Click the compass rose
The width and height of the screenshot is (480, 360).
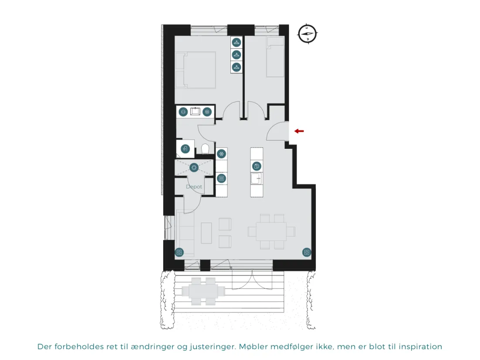coord(307,34)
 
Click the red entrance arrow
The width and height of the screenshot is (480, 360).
coord(299,131)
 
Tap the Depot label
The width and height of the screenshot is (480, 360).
coord(194,186)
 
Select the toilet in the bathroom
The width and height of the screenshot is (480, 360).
coord(205,149)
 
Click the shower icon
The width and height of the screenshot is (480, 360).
coord(185,149)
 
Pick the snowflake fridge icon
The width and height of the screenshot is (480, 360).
coord(221,154)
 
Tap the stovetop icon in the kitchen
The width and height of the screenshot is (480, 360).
coord(221,178)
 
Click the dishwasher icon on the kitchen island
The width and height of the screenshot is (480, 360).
coord(257,166)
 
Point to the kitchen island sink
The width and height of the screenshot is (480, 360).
coord(257,178)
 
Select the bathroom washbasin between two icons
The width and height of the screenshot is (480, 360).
coord(195,111)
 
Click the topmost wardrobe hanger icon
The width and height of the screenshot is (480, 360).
coord(237,42)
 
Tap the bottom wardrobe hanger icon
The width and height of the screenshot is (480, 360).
coord(237,67)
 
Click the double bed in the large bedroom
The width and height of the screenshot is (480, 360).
coord(195,70)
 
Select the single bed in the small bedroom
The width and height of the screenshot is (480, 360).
coord(275,57)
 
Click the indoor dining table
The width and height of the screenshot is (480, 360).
coord(271,231)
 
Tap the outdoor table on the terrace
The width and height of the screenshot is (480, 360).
coord(203,291)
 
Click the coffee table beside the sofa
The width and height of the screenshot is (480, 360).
coord(206,233)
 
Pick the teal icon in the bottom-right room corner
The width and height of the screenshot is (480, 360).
coord(307,252)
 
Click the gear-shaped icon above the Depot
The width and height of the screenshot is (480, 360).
coord(194,168)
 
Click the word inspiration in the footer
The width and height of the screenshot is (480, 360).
coord(421,347)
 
